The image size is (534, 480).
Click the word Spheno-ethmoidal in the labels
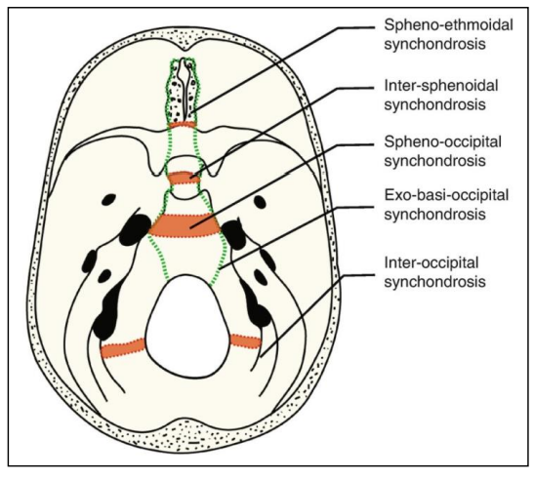448,26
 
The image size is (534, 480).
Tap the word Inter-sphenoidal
441,86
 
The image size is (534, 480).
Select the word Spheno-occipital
443,142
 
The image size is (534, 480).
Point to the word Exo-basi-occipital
446,196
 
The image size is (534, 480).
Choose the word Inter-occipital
431,263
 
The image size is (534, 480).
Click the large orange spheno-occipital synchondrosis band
184,225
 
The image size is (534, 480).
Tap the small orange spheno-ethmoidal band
183,125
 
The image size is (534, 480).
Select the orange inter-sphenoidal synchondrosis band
184,178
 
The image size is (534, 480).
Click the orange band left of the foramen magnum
123,348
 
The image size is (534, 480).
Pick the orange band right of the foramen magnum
245,341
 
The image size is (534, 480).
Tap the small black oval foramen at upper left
108,199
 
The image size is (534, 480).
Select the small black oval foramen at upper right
260,202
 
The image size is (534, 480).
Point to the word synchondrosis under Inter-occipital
434,282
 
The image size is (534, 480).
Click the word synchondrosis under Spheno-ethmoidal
434,45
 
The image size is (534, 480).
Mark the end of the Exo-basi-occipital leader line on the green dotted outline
220,269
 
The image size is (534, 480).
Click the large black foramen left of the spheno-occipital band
135,229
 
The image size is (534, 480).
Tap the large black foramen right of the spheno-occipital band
234,232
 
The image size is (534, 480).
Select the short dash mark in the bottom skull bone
193,443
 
